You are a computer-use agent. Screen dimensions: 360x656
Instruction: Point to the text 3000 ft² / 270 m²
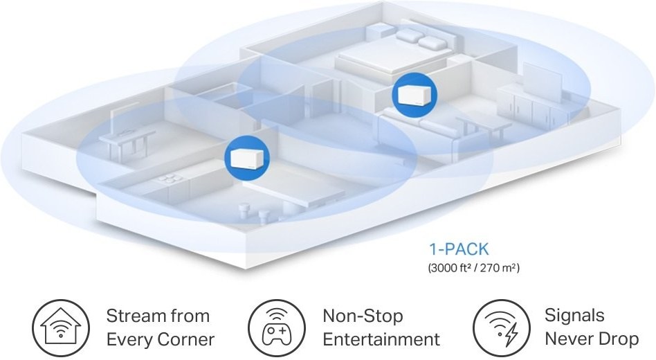472,266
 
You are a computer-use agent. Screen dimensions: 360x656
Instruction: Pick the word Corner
185,340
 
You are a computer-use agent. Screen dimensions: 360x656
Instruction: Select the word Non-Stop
363,316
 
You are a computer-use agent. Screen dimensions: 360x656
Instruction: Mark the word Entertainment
381,340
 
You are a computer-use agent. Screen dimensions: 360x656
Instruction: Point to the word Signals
574,316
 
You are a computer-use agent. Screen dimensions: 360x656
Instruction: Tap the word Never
567,340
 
